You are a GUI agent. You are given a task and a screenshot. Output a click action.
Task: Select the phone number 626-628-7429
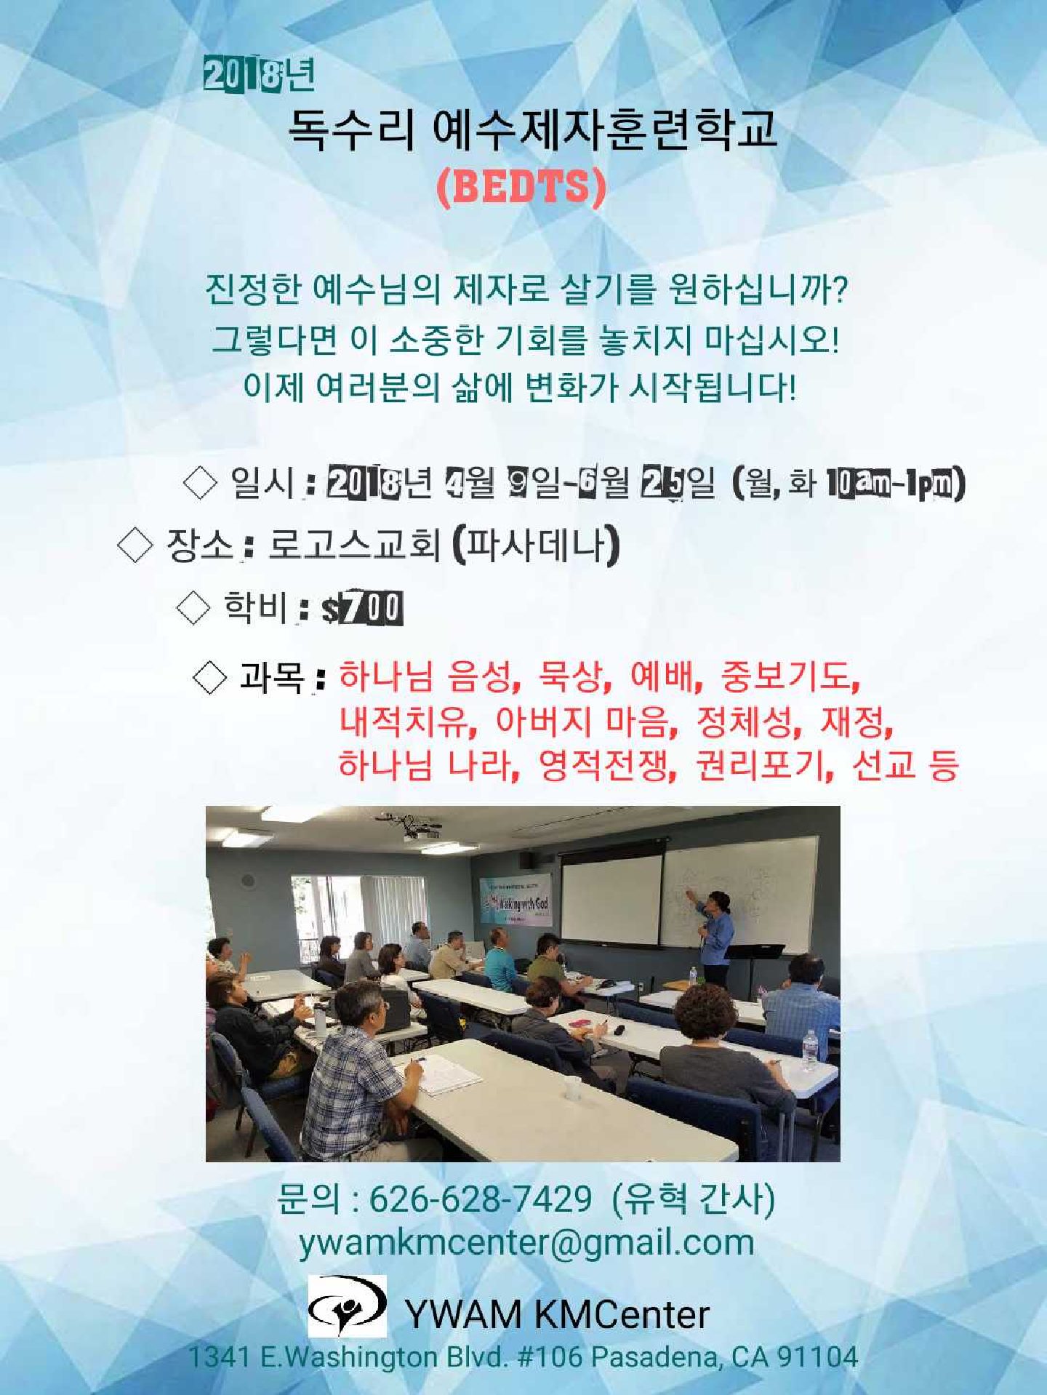tap(480, 1198)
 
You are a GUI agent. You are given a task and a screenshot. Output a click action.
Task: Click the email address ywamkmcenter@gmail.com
tap(526, 1242)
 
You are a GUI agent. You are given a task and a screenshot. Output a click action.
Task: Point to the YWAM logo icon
tap(347, 1307)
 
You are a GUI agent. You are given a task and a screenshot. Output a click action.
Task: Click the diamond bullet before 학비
tap(193, 608)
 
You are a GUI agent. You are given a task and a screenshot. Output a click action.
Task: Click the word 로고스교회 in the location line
tap(354, 545)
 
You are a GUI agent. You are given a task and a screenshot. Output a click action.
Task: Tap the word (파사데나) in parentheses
tap(536, 545)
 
